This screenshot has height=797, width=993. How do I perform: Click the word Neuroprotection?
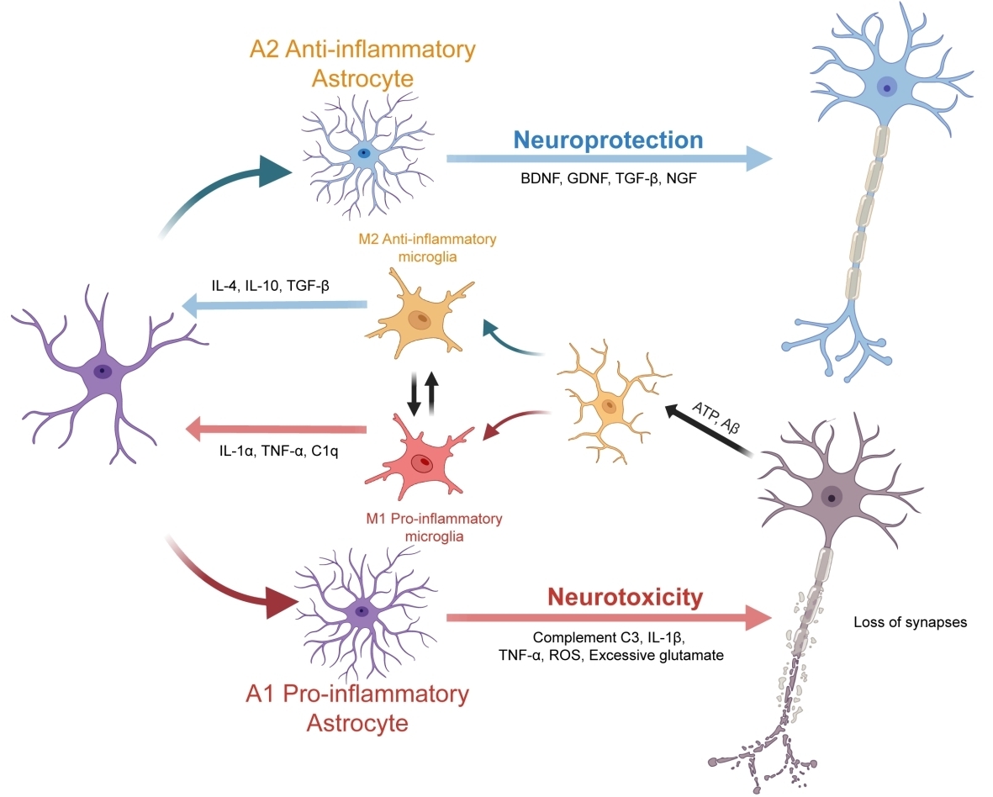pyautogui.click(x=609, y=139)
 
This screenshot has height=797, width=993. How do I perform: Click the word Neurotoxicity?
pyautogui.click(x=625, y=598)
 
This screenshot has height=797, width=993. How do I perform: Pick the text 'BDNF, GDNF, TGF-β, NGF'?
pyautogui.click(x=609, y=179)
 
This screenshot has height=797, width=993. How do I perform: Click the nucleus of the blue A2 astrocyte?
pyautogui.click(x=363, y=153)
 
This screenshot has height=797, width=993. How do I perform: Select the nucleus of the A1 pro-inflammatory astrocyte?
pyautogui.click(x=362, y=611)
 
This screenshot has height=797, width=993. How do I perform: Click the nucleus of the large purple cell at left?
pyautogui.click(x=102, y=371)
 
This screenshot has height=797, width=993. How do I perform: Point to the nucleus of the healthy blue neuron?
pyautogui.click(x=886, y=87)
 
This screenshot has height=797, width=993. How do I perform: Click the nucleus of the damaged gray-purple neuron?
pyautogui.click(x=832, y=498)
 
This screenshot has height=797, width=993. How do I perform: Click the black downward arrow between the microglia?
pyautogui.click(x=413, y=393)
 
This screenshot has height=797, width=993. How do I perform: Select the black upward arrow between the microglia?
pyautogui.click(x=431, y=393)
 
